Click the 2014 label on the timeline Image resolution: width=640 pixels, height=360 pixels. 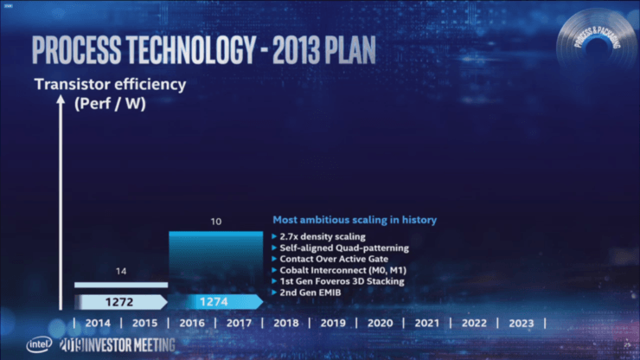point(99,323)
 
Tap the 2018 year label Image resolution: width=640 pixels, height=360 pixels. point(286,323)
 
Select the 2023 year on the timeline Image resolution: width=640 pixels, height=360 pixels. point(521,323)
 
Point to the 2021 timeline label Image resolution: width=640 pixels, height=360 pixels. point(427,323)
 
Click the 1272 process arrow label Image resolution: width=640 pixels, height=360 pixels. point(120,302)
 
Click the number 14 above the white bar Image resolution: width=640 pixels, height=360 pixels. point(121,272)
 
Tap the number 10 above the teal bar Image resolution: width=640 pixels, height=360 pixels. point(215,222)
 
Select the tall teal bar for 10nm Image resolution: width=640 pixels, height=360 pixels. point(215,260)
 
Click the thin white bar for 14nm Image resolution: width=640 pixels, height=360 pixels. point(121,285)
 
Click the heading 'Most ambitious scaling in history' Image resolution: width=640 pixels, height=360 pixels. point(355,220)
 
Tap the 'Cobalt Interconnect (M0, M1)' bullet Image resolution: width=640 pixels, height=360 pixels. point(343,270)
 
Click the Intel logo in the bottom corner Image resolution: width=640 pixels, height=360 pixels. point(39,344)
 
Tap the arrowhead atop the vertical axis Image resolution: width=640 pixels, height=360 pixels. point(60,100)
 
